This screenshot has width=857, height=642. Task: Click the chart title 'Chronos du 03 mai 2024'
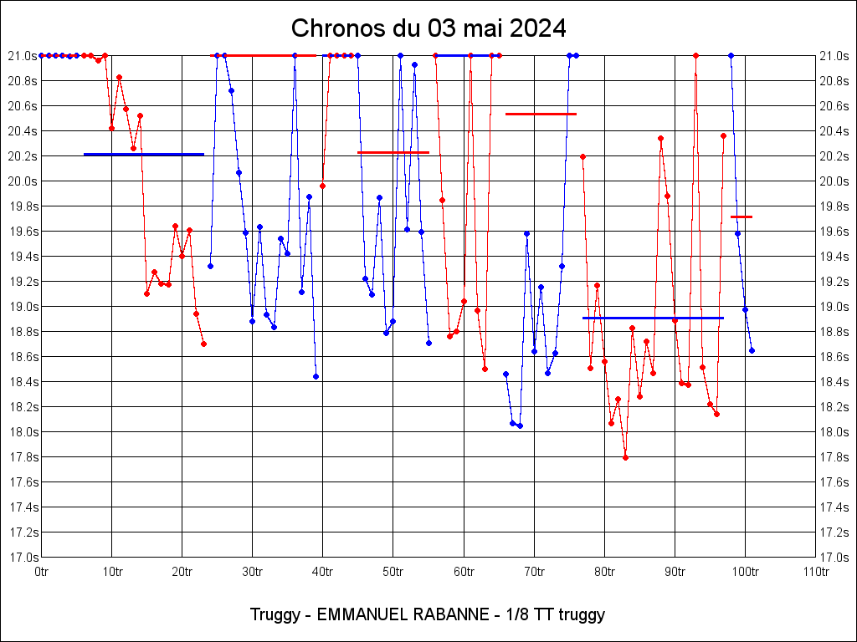(428, 28)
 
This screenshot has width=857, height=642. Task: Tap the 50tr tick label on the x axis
(393, 572)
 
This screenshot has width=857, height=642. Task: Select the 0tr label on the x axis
(42, 572)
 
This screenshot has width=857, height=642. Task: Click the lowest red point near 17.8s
(625, 457)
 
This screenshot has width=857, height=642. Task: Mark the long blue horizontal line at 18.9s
(653, 318)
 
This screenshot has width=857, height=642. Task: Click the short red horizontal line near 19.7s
(742, 217)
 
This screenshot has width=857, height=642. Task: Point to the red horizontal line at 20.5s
(541, 114)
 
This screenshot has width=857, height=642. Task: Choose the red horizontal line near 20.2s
(393, 152)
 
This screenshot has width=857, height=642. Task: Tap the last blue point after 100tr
(752, 350)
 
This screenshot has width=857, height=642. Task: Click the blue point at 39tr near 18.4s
(316, 376)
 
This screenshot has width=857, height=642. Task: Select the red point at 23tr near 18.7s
(203, 344)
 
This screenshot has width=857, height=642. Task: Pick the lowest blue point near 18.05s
(520, 425)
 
